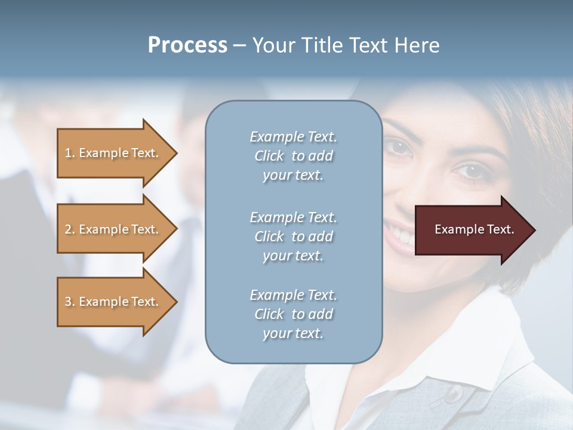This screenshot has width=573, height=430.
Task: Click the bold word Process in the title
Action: pyautogui.click(x=187, y=45)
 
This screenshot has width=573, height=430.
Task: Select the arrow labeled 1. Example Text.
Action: pyautogui.click(x=113, y=153)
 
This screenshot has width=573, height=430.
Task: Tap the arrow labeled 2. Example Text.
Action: pyautogui.click(x=113, y=229)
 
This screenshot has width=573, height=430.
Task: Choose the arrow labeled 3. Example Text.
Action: pyautogui.click(x=113, y=302)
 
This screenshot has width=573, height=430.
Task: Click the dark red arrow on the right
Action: pyautogui.click(x=472, y=229)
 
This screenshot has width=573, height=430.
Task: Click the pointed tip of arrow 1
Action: pyautogui.click(x=175, y=153)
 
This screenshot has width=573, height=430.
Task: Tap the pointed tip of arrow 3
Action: pyautogui.click(x=175, y=302)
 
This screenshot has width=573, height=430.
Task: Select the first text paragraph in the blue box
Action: pyautogui.click(x=293, y=156)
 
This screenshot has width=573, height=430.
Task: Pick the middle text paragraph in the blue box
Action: pyautogui.click(x=293, y=236)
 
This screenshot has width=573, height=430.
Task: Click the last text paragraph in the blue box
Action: pyautogui.click(x=293, y=314)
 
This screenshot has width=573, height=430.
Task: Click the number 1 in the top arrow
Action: pyautogui.click(x=68, y=153)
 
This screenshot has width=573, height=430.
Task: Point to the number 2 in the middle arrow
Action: pyautogui.click(x=68, y=229)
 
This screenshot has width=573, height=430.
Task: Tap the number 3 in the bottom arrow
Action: pyautogui.click(x=68, y=302)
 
